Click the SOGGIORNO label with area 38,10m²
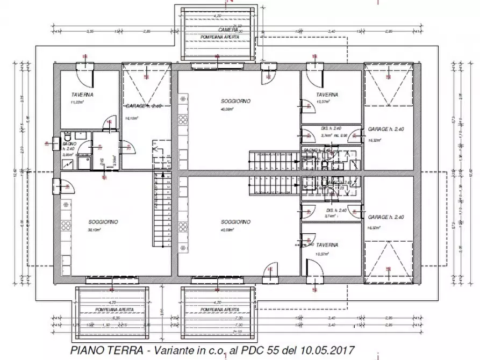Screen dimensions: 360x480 [x=103, y=222]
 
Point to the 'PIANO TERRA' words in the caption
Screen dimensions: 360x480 [x=100, y=350]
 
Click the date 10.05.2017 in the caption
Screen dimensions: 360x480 [x=329, y=350]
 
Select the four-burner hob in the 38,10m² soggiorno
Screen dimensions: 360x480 [x=66, y=205]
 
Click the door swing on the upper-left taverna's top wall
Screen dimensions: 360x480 [x=86, y=72]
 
